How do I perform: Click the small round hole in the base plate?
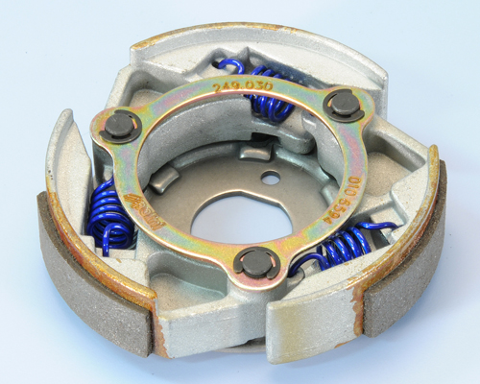tap(273, 177)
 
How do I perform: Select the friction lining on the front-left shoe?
tap(91, 288)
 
